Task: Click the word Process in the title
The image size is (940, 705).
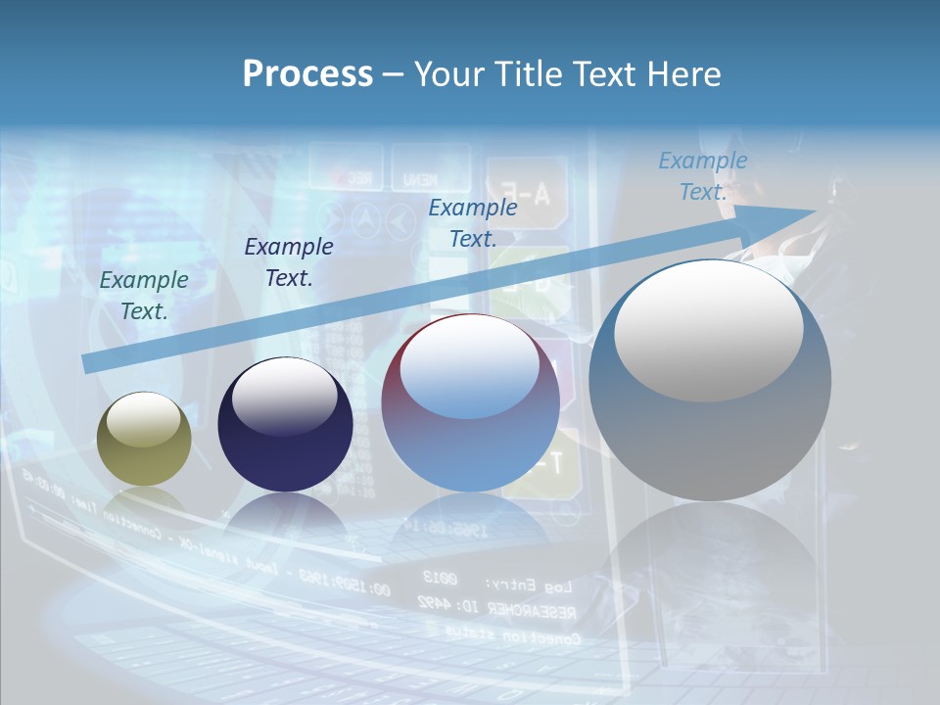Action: (x=307, y=74)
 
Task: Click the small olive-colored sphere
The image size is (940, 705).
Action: (x=144, y=439)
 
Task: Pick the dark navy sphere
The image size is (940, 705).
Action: (x=285, y=425)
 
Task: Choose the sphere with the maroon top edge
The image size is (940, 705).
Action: (x=470, y=403)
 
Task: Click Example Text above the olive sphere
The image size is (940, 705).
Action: (x=144, y=295)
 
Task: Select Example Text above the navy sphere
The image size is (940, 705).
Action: (x=288, y=261)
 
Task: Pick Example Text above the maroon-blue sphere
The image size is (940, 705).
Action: (x=473, y=222)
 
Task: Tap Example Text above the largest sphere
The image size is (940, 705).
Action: (x=702, y=176)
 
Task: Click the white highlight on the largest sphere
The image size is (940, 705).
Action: (x=708, y=329)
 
